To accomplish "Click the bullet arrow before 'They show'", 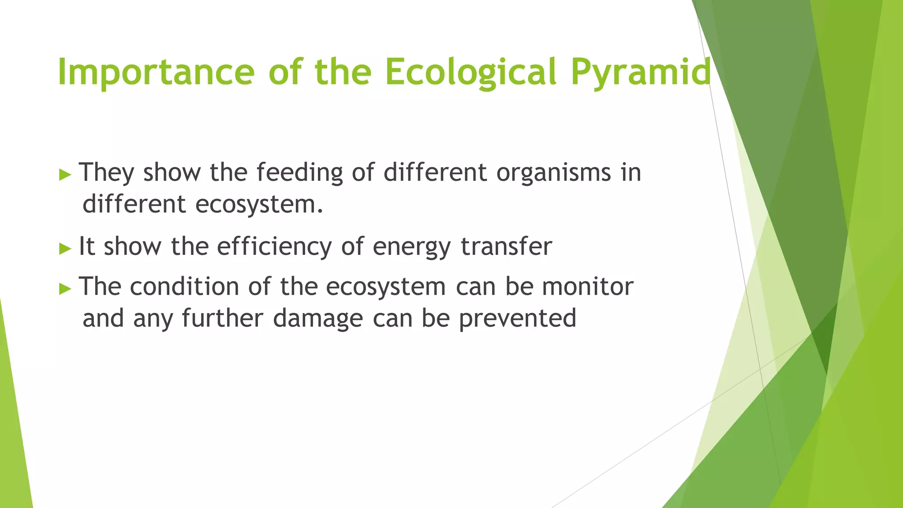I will [x=65, y=175].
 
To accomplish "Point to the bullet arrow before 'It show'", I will [x=65, y=249].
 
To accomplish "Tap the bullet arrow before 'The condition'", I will [x=65, y=289].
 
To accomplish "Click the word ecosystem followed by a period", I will [x=259, y=205].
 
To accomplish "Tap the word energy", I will [x=411, y=247].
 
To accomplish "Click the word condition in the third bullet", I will [x=184, y=287].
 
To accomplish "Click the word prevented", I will [x=517, y=319].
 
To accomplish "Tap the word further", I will [x=222, y=318].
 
